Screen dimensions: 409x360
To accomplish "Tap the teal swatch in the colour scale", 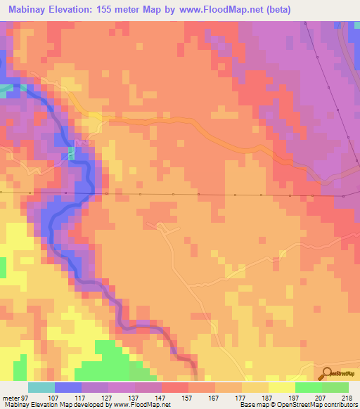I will pos(41,388).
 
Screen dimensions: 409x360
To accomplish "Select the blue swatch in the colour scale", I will pos(68,388).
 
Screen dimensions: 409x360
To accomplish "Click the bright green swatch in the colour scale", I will pos(309,388).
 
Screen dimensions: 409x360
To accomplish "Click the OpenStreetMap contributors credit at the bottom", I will pos(315,404).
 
